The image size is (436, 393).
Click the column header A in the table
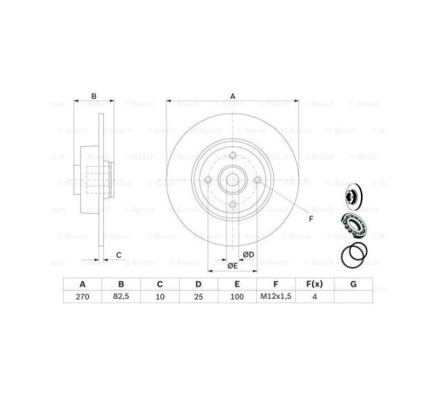[82, 284]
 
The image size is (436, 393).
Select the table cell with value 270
[82, 298]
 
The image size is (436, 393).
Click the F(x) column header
[315, 284]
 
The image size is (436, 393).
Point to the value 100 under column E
[235, 298]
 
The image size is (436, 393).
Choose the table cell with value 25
[198, 298]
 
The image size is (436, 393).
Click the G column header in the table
[352, 284]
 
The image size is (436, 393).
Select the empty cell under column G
[352, 298]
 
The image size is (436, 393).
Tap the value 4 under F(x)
[315, 298]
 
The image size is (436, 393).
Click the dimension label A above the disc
[232, 97]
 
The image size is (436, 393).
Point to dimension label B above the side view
[93, 97]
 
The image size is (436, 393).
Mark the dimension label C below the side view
[118, 254]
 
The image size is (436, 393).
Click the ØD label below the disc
[249, 254]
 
